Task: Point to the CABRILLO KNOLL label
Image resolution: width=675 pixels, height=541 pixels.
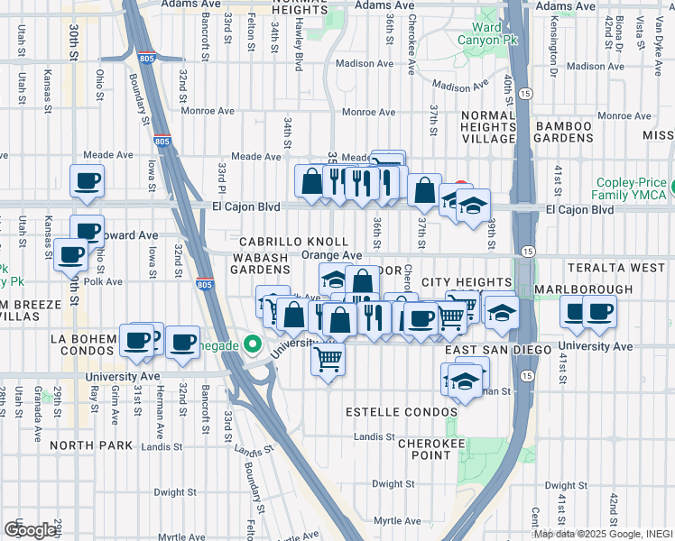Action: pos(293,243)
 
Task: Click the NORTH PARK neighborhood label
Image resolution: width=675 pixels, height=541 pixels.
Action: pos(91,445)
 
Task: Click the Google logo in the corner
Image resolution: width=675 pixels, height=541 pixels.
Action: pos(30,530)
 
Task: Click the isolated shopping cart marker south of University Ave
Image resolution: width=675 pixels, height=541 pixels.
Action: pos(328,360)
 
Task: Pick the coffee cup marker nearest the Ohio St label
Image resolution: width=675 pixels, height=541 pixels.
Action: pos(87,232)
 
